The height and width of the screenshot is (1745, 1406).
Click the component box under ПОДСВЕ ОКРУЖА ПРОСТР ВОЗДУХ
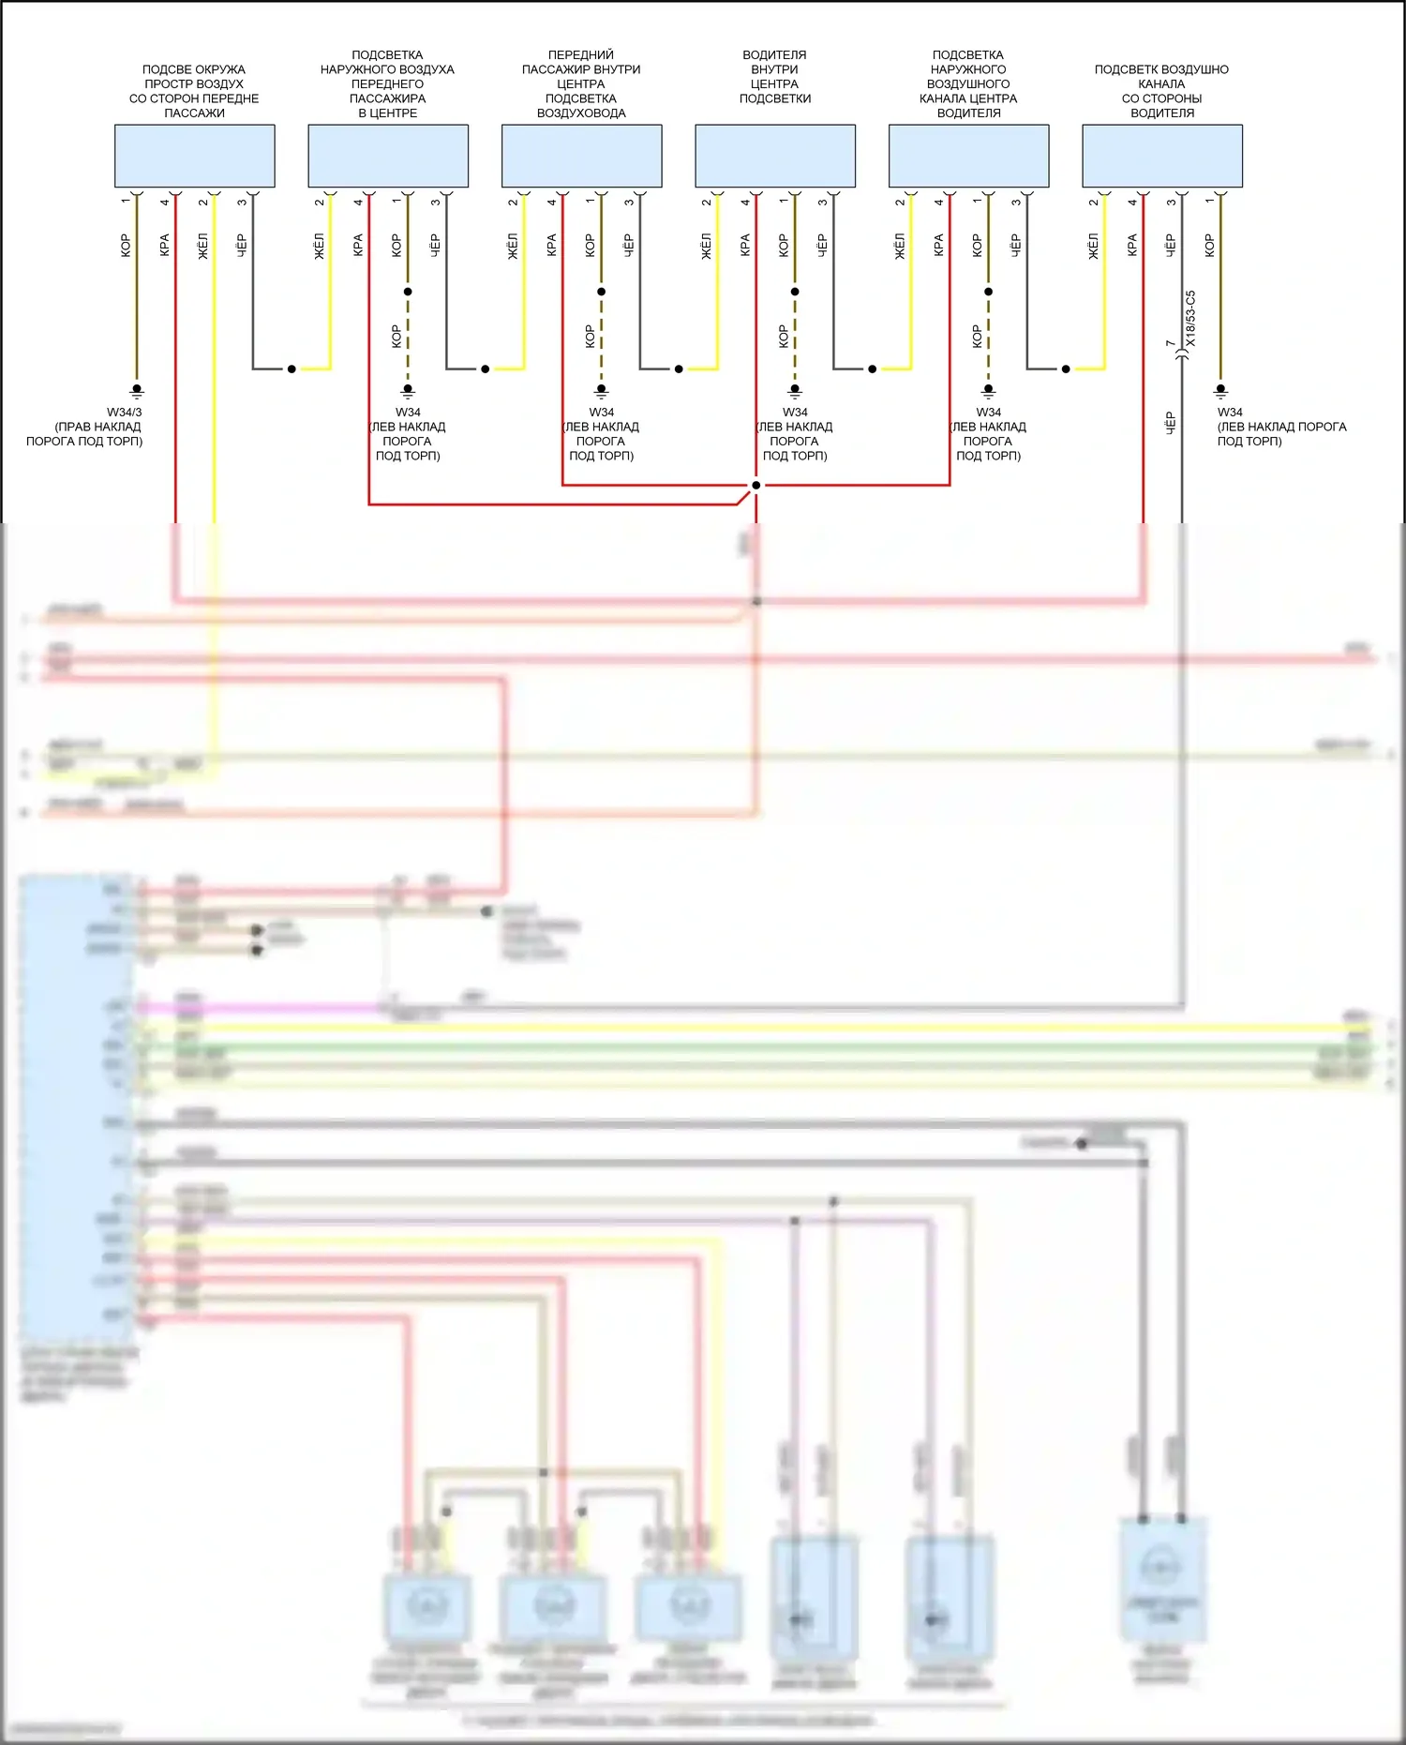tap(194, 156)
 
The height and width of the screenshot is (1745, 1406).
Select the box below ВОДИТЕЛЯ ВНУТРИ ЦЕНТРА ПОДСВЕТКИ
tap(775, 156)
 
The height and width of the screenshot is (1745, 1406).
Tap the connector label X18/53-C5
tap(1190, 318)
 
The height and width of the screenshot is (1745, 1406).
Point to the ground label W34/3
tap(124, 412)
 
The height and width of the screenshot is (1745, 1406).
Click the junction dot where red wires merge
tap(756, 485)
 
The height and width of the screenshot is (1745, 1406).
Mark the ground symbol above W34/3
tap(137, 390)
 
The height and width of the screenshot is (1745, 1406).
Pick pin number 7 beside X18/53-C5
tap(1170, 344)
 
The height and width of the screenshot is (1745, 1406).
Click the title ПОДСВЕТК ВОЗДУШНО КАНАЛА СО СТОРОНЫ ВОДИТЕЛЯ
tap(1161, 91)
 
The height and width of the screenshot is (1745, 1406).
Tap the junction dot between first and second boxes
tap(292, 369)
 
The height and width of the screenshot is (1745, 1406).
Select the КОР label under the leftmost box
tap(126, 246)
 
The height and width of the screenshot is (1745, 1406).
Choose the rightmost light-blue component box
tap(1162, 156)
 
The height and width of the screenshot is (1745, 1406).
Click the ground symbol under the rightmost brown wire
tap(1220, 390)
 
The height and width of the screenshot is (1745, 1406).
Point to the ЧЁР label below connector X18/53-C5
tap(1170, 423)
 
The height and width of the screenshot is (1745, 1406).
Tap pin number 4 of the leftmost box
tap(165, 202)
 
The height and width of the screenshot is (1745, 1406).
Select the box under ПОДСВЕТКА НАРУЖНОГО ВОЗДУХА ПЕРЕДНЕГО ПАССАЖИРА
tap(388, 156)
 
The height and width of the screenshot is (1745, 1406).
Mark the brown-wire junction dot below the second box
tap(408, 292)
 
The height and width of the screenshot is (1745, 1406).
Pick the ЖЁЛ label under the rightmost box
tap(1093, 246)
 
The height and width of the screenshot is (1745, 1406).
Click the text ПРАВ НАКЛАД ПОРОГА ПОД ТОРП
tap(84, 434)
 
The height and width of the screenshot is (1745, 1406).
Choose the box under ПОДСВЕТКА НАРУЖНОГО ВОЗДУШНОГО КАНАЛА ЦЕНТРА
tap(968, 156)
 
